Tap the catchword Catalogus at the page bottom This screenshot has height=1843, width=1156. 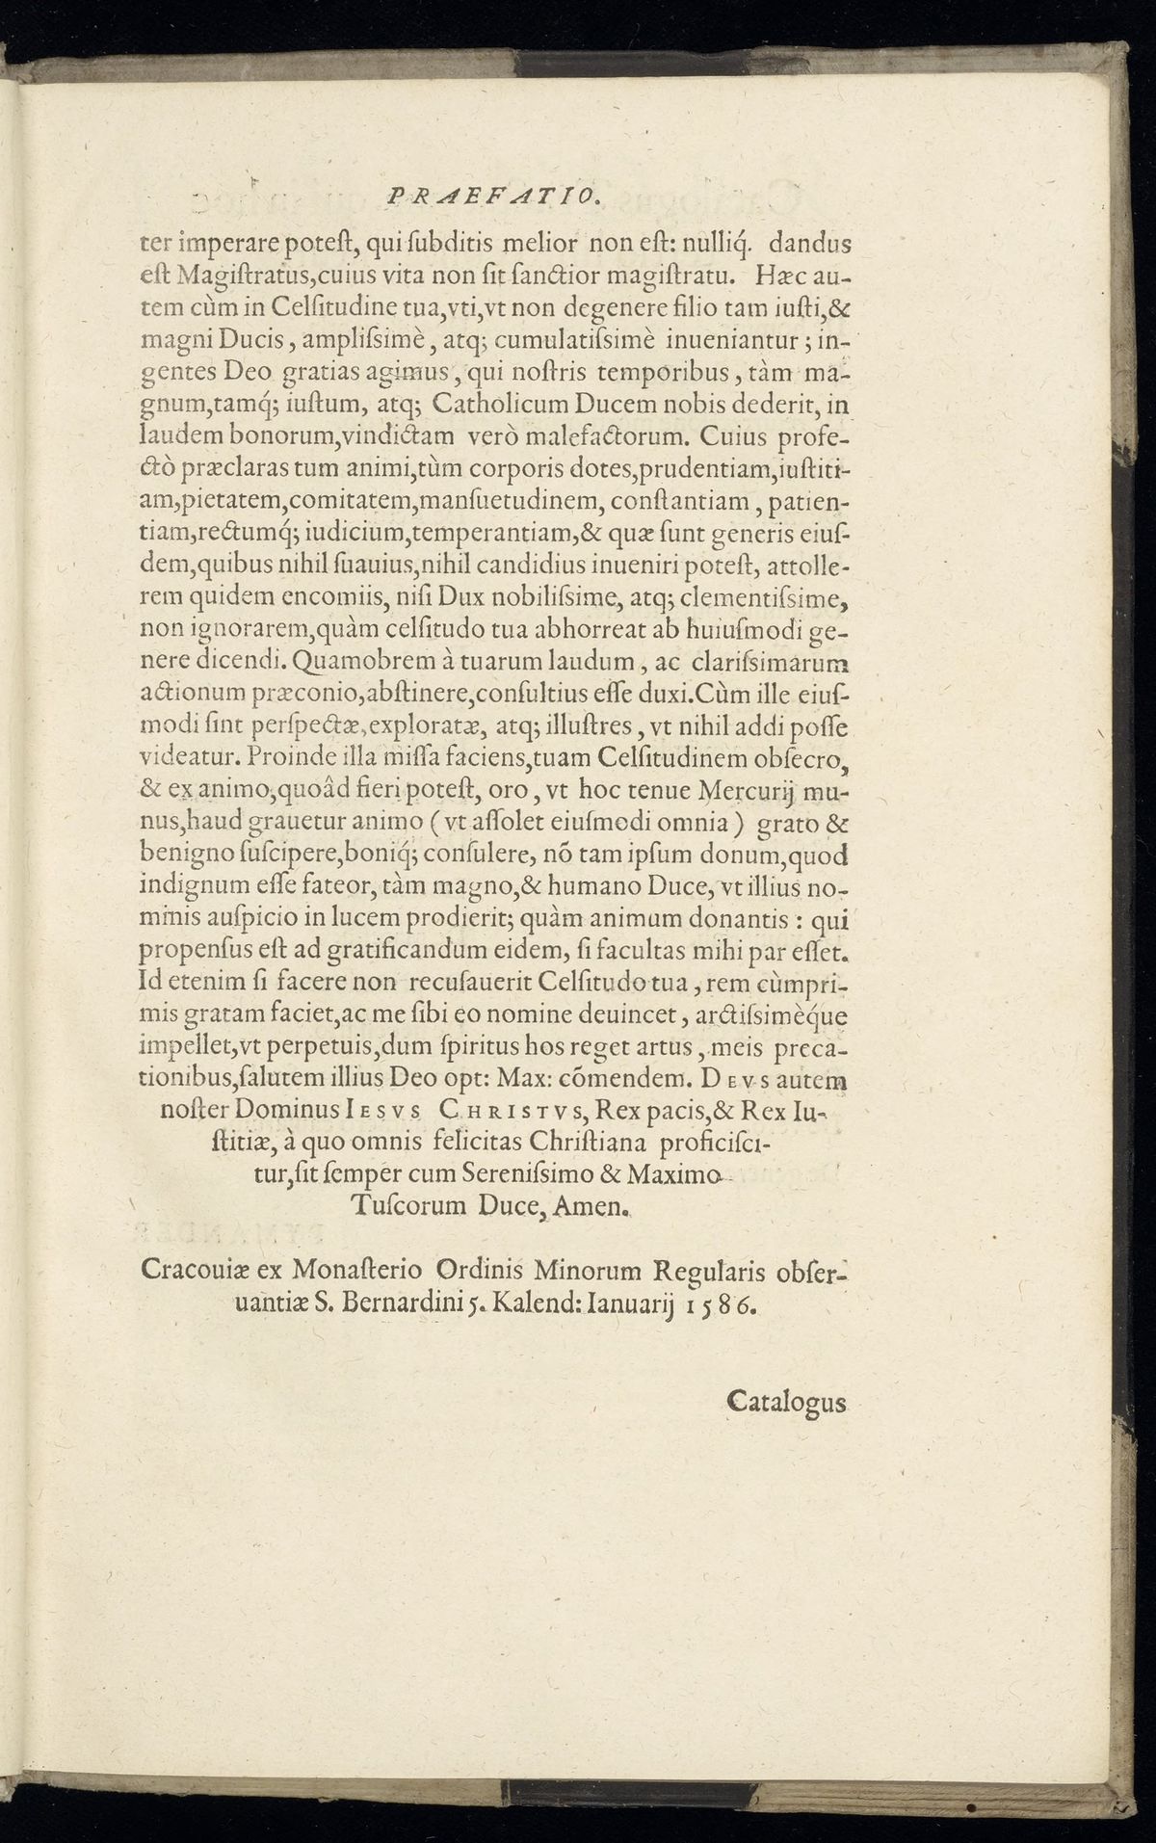786,1400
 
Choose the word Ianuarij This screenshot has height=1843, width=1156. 629,1303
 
